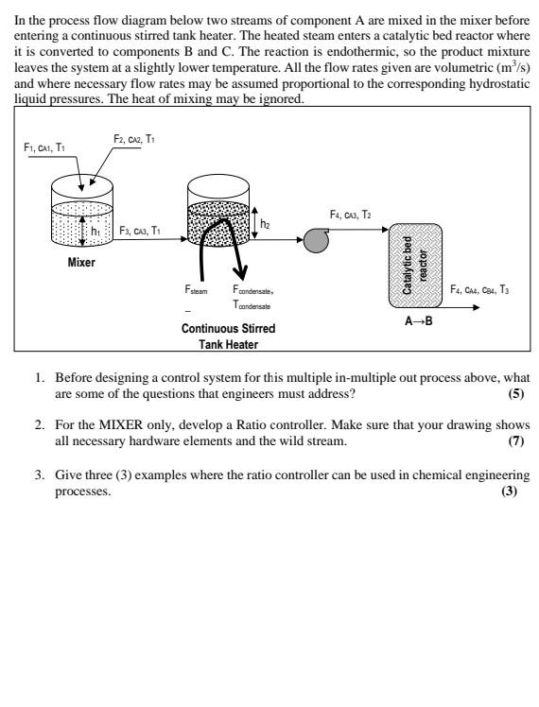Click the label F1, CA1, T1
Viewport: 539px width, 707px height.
44,147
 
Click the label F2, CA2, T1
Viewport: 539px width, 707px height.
133,139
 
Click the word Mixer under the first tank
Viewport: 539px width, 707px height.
81,262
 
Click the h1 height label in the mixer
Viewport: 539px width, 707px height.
96,229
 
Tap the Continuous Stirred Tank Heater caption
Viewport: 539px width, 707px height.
229,336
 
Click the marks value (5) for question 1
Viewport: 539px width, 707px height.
516,391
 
